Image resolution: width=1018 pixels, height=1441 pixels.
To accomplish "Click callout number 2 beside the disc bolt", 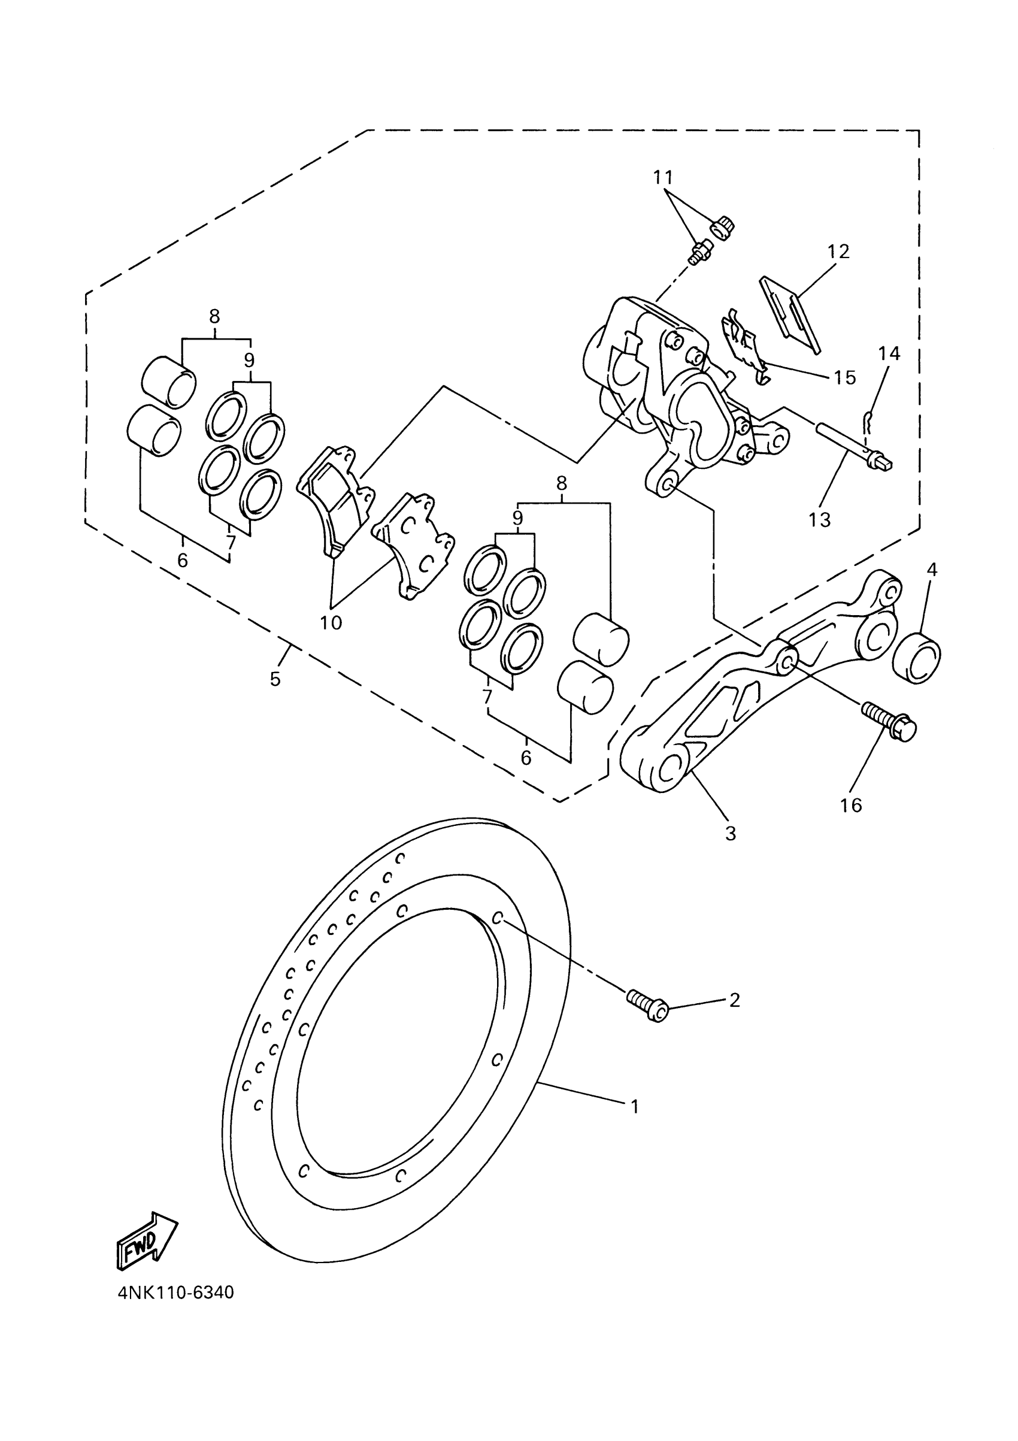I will [734, 1000].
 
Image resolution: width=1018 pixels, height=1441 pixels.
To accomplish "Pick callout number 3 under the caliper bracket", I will [730, 834].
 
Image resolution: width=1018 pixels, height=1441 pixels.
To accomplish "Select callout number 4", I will [931, 570].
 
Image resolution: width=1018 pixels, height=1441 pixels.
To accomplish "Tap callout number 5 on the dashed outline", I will [275, 679].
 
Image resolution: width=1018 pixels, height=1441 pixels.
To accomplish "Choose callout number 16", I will [851, 805].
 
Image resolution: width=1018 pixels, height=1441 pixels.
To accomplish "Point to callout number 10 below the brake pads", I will [331, 623].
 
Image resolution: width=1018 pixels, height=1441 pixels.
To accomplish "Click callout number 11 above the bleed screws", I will [663, 178].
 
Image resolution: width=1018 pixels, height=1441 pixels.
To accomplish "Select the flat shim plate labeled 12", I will [789, 314].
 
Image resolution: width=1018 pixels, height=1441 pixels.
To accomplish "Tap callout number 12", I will [838, 252].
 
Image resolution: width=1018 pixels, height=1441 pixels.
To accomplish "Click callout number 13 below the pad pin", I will [820, 520].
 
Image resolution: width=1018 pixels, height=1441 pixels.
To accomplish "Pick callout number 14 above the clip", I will [889, 354].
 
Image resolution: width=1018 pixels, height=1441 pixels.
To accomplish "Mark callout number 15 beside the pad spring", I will [845, 377].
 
